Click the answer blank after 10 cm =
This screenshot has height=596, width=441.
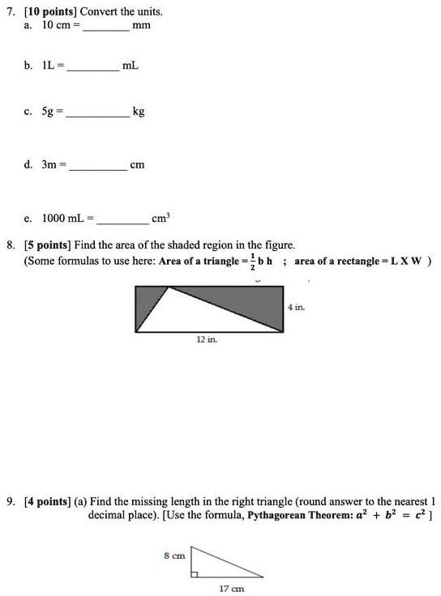(x=105, y=28)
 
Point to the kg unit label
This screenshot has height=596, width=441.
(x=139, y=113)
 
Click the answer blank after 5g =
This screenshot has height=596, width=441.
(x=97, y=116)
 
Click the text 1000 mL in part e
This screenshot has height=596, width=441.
(x=66, y=218)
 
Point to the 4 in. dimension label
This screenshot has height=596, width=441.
(x=294, y=308)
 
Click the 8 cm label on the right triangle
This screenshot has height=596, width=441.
(x=175, y=556)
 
